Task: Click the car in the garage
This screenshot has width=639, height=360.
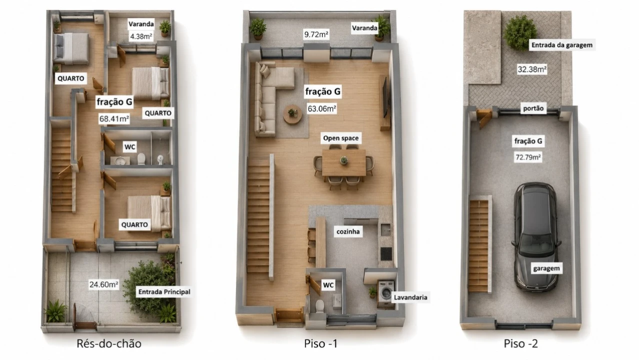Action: [x=535, y=237]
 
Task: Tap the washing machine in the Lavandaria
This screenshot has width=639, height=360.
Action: [x=386, y=291]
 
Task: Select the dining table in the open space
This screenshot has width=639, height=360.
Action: [x=343, y=162]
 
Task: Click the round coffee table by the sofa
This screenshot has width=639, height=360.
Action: [x=292, y=114]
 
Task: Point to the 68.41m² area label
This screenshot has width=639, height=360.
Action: [x=114, y=118]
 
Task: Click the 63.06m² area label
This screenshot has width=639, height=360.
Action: [x=322, y=108]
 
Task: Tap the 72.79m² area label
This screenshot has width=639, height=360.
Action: [x=528, y=157]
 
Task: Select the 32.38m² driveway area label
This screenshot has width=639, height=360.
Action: [x=532, y=69]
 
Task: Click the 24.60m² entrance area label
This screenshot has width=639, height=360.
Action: [x=104, y=284]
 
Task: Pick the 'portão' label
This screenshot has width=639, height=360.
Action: [x=533, y=108]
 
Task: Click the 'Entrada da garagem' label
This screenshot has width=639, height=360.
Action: [x=561, y=45]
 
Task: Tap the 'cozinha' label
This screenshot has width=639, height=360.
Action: [x=348, y=231]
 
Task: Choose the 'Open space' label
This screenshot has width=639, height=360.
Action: [x=341, y=138]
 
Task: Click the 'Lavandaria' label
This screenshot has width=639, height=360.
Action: [x=410, y=297]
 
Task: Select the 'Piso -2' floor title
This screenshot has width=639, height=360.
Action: [x=520, y=343]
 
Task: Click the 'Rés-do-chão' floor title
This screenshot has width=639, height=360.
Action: [x=109, y=343]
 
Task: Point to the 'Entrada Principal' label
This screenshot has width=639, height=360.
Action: [x=164, y=292]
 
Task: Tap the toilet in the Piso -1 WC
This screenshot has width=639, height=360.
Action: [x=320, y=306]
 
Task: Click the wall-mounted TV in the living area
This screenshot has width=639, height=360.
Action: [x=385, y=97]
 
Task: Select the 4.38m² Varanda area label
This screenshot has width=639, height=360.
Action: [x=141, y=36]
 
